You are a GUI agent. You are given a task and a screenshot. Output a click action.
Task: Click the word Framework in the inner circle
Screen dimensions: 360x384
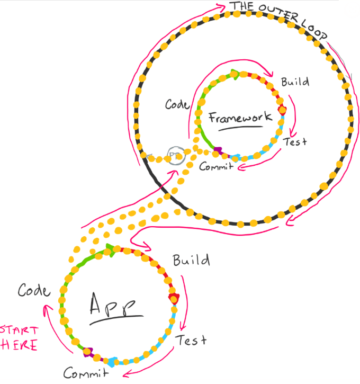point(240,117)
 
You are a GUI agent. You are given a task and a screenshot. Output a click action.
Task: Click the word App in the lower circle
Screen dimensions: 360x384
point(112,305)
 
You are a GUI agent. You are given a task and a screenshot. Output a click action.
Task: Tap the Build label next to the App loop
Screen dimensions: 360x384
point(191,260)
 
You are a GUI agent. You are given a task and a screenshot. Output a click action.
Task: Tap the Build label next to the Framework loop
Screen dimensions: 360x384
point(295,82)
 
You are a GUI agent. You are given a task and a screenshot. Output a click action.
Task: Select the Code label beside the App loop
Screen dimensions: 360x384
point(34,290)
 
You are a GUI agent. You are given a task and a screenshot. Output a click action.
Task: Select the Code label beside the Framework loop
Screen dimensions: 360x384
point(177,104)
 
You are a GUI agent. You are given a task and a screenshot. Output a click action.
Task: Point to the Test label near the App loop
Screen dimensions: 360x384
point(191,340)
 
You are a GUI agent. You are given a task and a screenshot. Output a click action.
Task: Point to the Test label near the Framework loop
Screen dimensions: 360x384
point(295,141)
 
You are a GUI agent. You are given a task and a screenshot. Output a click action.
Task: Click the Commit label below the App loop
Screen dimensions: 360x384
point(86,373)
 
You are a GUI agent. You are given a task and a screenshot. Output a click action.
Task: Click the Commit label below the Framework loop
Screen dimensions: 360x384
point(216,166)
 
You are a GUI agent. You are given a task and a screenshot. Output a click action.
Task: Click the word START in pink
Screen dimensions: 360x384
point(19,330)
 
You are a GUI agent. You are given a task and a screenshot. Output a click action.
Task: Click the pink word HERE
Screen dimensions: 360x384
point(19,345)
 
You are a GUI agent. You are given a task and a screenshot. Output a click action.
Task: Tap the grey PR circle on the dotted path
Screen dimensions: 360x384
point(176,155)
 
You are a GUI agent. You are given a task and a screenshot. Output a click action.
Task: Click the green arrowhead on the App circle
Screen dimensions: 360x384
point(111,250)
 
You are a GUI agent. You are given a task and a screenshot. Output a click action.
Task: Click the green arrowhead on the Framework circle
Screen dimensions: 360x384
point(235,74)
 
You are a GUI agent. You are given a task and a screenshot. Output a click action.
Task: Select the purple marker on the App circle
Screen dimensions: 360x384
point(88,352)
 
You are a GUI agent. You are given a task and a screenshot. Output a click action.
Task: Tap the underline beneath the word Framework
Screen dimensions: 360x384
point(240,128)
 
